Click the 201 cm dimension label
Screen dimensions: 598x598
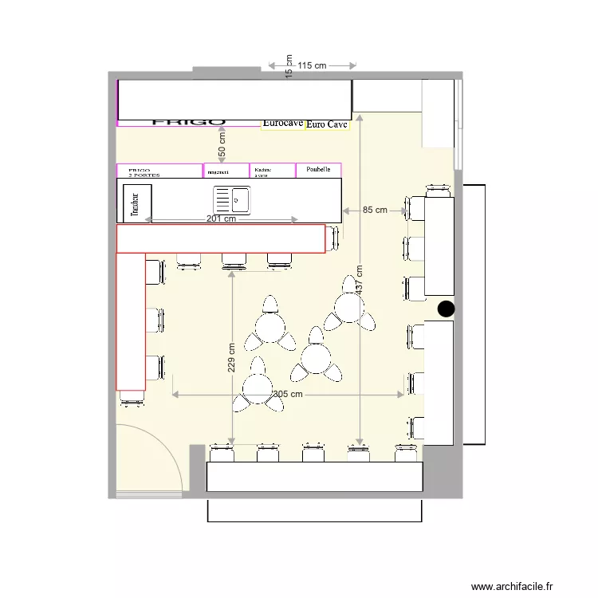[221, 219]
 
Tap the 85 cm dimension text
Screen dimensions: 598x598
[375, 210]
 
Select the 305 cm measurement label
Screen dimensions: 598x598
[288, 394]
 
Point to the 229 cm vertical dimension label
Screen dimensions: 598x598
[231, 358]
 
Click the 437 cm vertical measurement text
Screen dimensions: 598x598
[360, 278]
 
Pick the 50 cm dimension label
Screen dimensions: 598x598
[222, 145]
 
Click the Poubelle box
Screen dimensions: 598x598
[318, 170]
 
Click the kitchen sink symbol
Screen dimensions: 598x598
[231, 199]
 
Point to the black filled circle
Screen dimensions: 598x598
[446, 309]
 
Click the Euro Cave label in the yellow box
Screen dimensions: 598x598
[327, 124]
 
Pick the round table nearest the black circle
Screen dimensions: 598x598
[349, 306]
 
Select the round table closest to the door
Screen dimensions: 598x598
[258, 388]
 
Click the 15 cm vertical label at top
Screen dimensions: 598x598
[289, 66]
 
